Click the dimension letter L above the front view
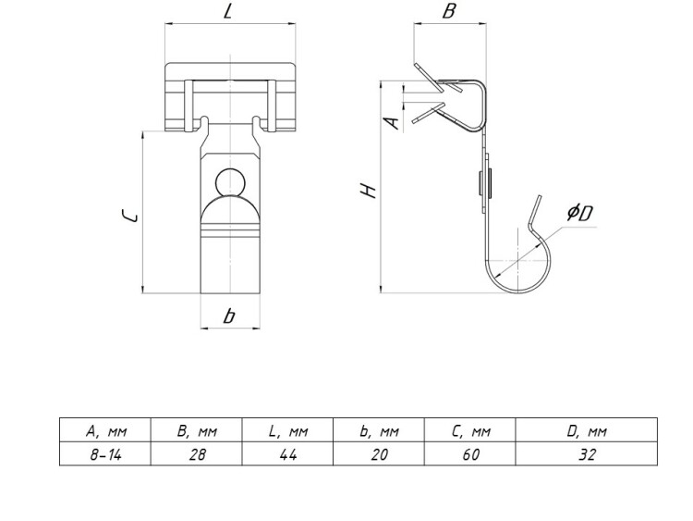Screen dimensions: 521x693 pos(227,13)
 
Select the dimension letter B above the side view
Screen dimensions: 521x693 pos(449,13)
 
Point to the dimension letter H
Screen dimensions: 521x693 pos(368,192)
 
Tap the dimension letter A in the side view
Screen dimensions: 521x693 pos(393,121)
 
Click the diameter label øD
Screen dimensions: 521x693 pos(580,214)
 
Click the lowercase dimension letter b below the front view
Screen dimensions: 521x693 pos(228,316)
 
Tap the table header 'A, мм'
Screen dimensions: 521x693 pos(104,430)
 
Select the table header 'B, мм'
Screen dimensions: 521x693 pos(196,430)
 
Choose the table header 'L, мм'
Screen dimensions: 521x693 pos(287,430)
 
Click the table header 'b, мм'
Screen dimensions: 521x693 pos(379,430)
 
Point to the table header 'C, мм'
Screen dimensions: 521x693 pos(470,430)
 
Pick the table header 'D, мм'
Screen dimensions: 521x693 pos(586,430)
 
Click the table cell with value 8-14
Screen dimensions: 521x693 pos(104,454)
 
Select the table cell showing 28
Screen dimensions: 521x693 pos(196,454)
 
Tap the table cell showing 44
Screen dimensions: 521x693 pos(287,454)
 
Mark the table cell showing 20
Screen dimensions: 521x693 pos(379,454)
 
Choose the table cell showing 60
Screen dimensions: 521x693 pos(470,454)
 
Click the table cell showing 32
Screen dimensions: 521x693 pos(586,454)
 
